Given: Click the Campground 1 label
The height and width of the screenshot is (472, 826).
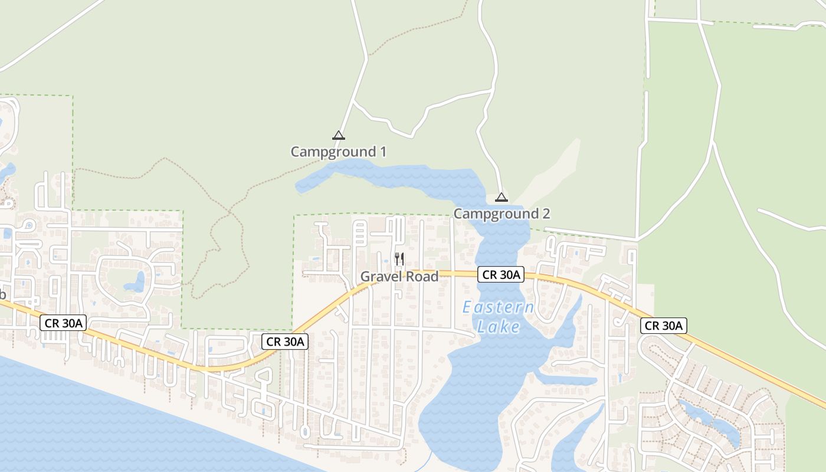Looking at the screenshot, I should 338,152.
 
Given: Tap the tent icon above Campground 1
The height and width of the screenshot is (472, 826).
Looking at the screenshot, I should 338,135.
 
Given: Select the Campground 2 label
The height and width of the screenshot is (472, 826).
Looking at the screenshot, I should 501,214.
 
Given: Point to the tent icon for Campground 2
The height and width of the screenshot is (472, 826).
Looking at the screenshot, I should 501,197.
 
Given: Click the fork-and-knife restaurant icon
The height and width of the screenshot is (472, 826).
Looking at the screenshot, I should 399,258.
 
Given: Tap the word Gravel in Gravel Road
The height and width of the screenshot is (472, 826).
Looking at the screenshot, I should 379,277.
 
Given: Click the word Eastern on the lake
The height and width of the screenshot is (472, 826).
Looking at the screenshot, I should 498,307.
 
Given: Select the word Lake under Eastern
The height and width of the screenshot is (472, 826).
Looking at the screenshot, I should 499,327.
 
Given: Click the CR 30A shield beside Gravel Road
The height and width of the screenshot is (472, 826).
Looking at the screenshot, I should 501,274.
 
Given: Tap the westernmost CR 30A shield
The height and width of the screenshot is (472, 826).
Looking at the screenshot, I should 64,323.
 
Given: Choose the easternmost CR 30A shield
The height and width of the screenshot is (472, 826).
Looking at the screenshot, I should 664,325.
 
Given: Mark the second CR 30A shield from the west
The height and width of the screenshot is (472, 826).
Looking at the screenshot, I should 286,341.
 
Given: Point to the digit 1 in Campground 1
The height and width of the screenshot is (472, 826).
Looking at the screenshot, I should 382,152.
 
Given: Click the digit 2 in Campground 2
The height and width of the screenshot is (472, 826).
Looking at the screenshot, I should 546,214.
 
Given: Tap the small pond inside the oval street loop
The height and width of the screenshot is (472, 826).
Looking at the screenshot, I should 136,282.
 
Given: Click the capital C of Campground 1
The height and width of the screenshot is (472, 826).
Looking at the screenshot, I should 295,152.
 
